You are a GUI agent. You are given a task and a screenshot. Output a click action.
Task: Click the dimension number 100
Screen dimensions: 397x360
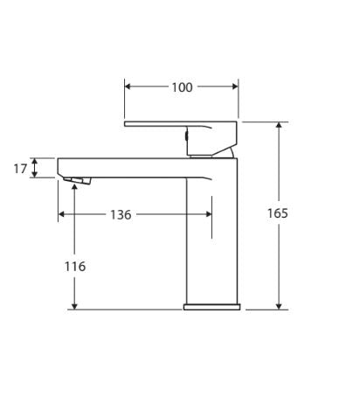[x=182, y=87]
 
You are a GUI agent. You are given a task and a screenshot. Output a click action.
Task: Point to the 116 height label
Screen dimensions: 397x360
[x=75, y=266]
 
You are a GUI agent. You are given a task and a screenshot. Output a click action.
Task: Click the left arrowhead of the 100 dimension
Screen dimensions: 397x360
[x=129, y=87]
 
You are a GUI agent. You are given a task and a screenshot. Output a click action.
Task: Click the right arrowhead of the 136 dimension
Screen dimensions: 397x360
[x=207, y=215]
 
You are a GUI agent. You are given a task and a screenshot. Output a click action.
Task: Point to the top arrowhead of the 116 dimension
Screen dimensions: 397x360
[x=75, y=186]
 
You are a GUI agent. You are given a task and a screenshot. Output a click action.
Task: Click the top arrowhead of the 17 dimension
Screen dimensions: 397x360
[x=35, y=161]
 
